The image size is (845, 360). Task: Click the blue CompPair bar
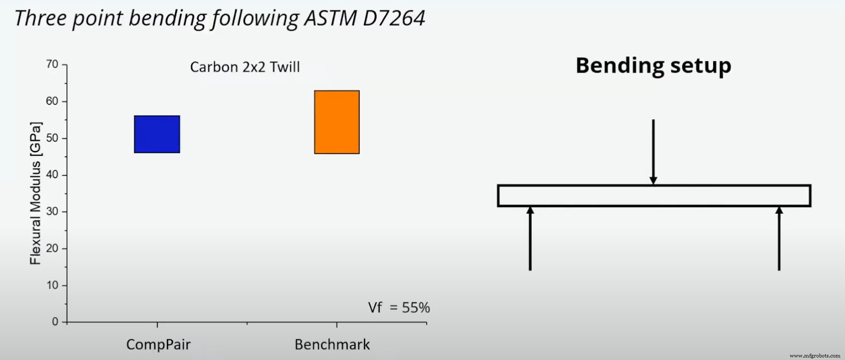[x=157, y=134]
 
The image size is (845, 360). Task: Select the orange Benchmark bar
[x=337, y=122]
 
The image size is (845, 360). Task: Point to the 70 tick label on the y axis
[x=52, y=64]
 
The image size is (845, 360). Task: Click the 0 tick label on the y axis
[x=55, y=322]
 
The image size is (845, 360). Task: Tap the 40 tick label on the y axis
[x=52, y=174]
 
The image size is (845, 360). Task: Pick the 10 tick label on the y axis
[x=52, y=285]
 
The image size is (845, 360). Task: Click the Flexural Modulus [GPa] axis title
[x=36, y=194]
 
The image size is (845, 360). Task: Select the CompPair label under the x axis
[x=158, y=344]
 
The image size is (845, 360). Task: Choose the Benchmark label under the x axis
[x=332, y=344]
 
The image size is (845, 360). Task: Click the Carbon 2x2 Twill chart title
[x=245, y=67]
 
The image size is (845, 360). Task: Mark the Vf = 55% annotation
[x=399, y=307]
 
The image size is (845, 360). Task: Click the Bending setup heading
[x=653, y=66]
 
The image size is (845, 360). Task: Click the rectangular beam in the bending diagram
[x=654, y=196]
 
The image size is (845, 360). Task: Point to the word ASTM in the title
[x=331, y=18]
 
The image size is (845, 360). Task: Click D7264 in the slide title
[x=394, y=18]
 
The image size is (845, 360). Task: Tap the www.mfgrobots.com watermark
[x=814, y=356]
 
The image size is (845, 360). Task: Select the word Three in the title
[x=41, y=18]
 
